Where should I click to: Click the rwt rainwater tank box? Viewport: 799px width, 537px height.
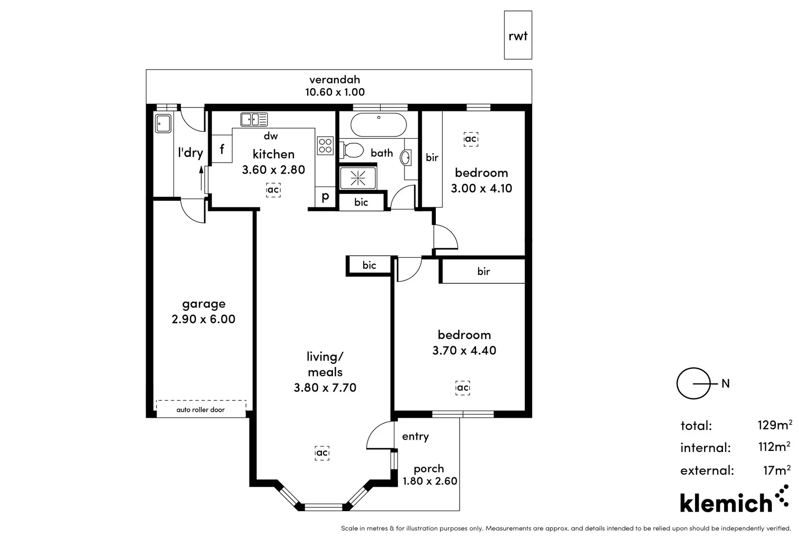518,35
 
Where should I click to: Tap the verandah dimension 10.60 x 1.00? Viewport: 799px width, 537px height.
334,92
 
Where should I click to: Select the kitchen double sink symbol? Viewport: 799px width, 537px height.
254,119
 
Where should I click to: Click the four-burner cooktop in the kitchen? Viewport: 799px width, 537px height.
325,146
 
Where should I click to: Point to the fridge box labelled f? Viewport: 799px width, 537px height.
222,149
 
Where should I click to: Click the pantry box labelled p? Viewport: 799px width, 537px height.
325,197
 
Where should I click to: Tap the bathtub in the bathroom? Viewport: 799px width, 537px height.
379,124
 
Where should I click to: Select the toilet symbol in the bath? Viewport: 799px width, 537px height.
352,150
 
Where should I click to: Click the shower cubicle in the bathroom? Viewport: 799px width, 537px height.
358,178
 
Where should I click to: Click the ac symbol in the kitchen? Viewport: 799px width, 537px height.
273,190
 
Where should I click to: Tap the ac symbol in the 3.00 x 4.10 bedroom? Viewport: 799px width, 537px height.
471,139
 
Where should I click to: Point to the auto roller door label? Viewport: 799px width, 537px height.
201,410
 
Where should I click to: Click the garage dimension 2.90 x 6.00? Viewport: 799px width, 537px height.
203,319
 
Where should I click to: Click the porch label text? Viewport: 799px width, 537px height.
429,468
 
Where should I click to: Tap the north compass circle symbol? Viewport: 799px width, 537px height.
693,383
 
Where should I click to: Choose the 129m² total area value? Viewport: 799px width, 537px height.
774,425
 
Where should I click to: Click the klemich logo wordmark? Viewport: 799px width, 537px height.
726,503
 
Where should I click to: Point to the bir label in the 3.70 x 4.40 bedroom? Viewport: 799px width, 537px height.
483,271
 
